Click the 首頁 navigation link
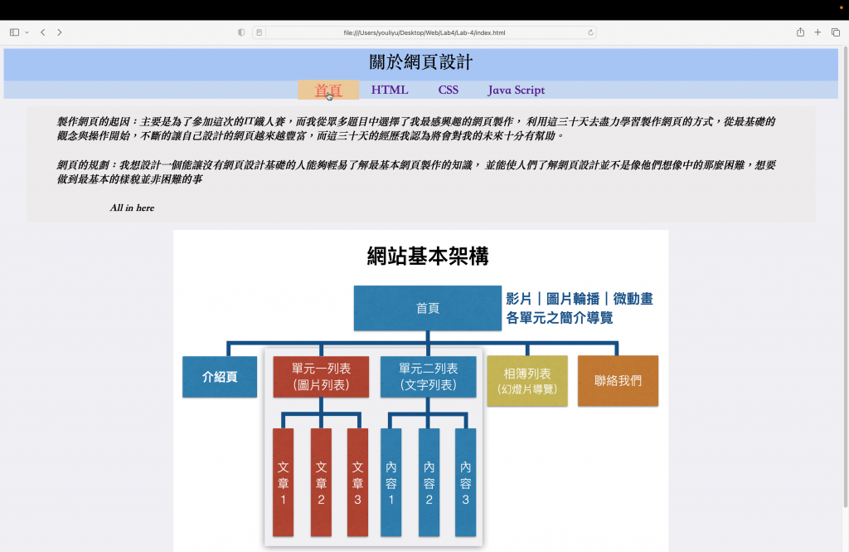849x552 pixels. (328, 90)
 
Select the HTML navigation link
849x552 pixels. (390, 90)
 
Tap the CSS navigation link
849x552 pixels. (449, 90)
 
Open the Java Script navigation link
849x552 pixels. (516, 90)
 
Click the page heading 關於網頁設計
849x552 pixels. (421, 62)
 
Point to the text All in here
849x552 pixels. (132, 208)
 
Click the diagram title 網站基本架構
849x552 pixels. (428, 256)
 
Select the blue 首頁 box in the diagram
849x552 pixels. (428, 308)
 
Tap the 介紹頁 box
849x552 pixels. (220, 377)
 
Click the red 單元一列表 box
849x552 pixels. (321, 377)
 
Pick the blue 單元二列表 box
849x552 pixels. (428, 377)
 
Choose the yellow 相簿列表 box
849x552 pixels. (527, 381)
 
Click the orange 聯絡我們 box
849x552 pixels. (618, 381)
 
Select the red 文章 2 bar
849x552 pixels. (321, 482)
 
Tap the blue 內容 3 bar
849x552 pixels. (465, 482)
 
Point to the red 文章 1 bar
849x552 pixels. (283, 482)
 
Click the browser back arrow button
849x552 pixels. (42, 32)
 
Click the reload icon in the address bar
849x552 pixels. (590, 32)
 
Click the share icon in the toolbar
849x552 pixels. (800, 32)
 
